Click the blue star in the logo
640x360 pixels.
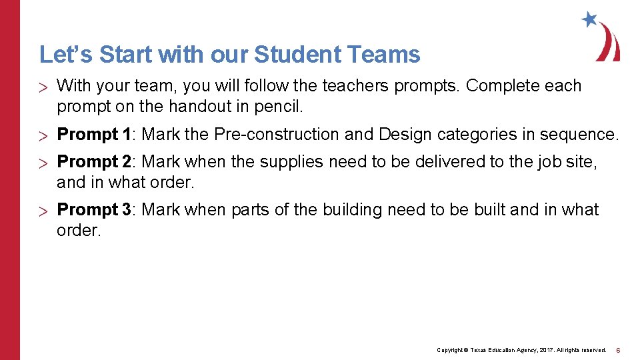[x=589, y=19]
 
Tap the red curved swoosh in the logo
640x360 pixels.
[x=610, y=43]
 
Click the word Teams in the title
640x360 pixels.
[x=388, y=54]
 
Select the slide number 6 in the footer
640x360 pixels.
[x=618, y=350]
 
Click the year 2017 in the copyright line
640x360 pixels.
[x=541, y=350]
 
